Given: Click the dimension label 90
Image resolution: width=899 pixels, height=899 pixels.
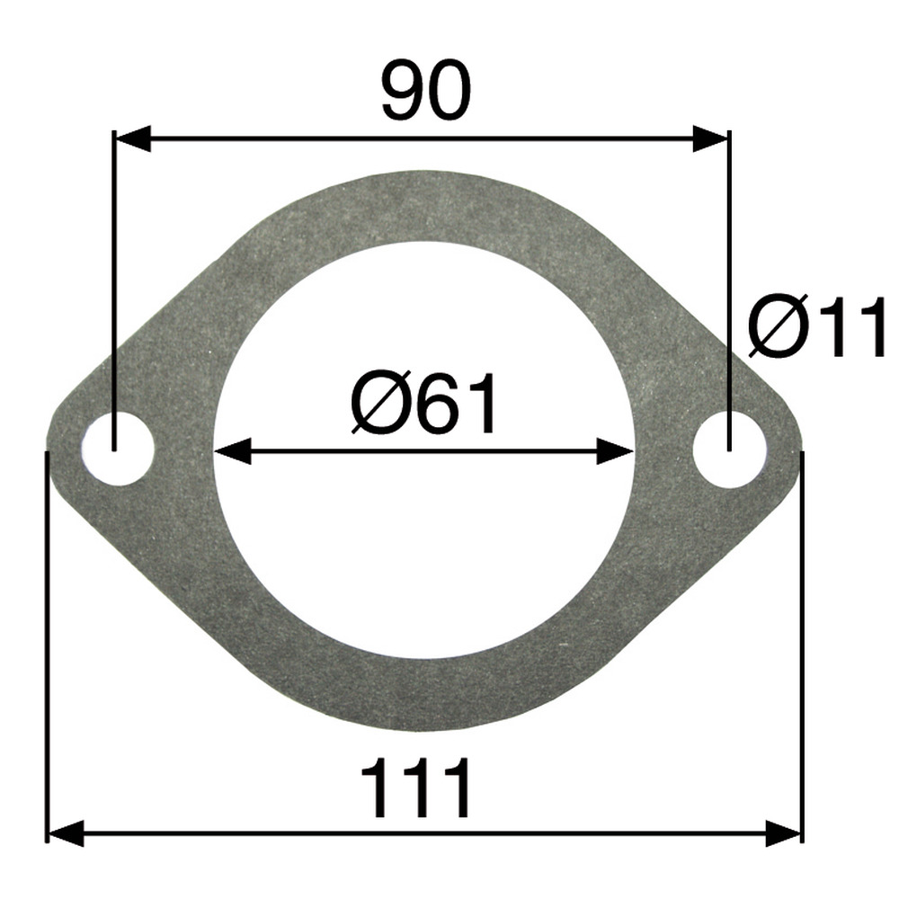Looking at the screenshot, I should pyautogui.click(x=425, y=92).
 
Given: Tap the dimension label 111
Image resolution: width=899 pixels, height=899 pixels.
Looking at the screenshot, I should pyautogui.click(x=415, y=788).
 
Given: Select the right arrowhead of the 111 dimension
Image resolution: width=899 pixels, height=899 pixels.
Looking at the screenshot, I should pyautogui.click(x=784, y=832).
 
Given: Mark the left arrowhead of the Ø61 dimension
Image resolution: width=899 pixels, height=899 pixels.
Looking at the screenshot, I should pyautogui.click(x=231, y=451).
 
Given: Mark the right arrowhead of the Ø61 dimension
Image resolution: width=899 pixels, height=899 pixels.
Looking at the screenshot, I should pyautogui.click(x=616, y=451).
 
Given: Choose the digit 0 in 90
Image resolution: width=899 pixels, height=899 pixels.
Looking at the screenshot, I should pyautogui.click(x=449, y=92).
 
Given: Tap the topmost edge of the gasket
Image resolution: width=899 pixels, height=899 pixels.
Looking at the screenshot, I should pyautogui.click(x=423, y=182).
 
